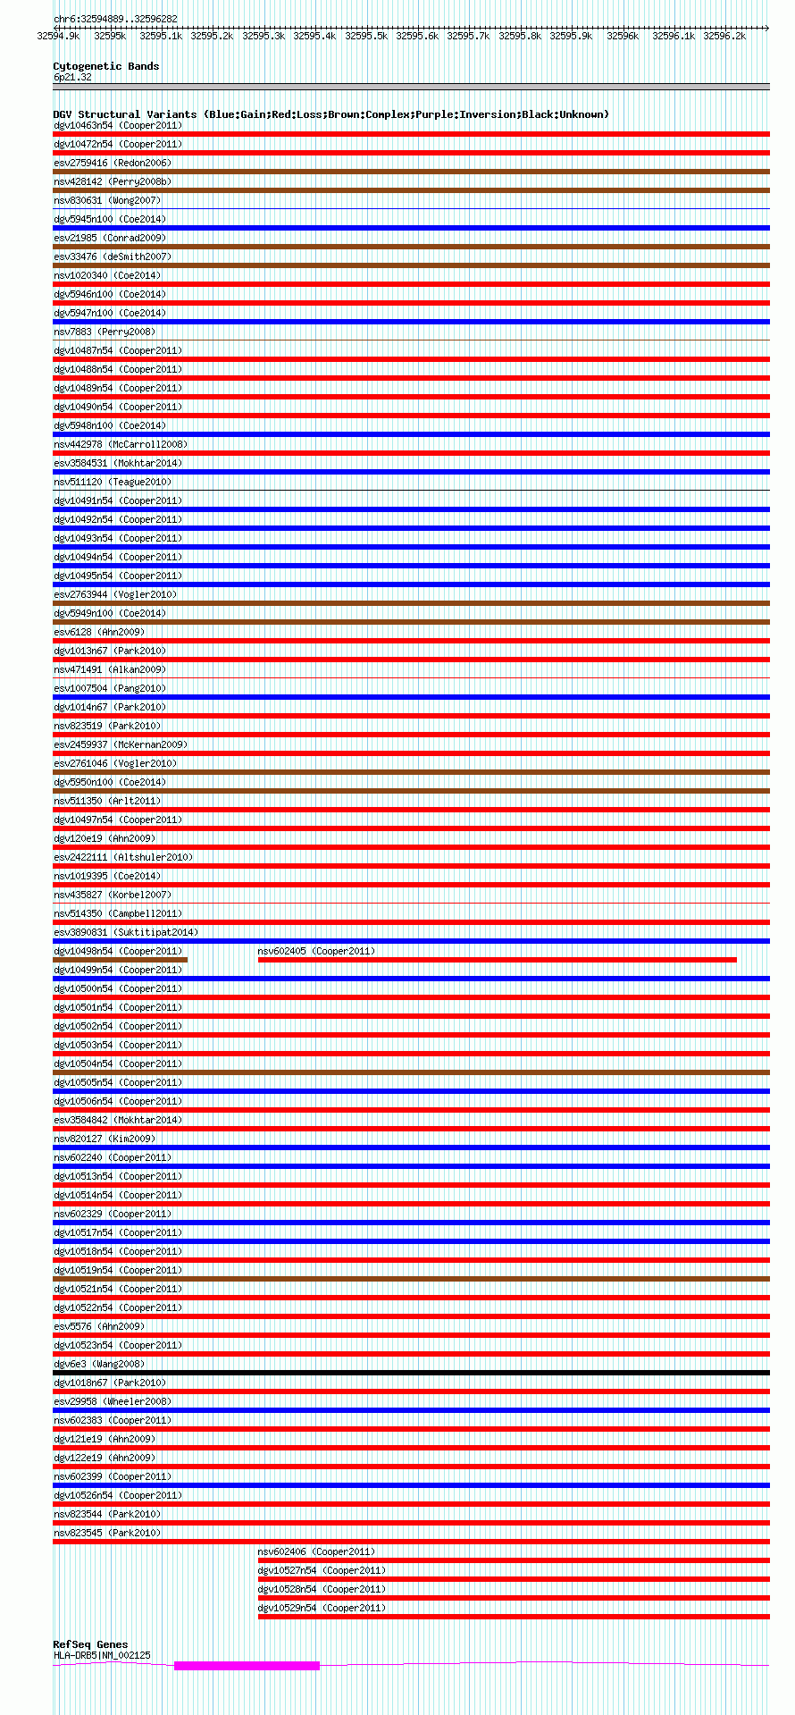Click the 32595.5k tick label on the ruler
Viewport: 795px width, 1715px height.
[x=365, y=36]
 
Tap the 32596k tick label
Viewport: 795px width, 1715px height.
[x=623, y=36]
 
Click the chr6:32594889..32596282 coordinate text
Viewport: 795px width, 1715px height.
[x=115, y=19]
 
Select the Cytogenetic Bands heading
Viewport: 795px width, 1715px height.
[x=105, y=66]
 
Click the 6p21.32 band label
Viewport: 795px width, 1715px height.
[x=71, y=78]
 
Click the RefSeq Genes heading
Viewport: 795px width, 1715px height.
[x=90, y=1644]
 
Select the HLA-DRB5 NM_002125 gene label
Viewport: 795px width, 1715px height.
[x=102, y=1655]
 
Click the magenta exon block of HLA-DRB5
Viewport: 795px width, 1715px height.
[x=247, y=1666]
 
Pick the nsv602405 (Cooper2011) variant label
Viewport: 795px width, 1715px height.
[x=316, y=951]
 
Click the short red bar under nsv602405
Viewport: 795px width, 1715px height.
[x=497, y=960]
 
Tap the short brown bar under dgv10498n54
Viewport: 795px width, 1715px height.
[x=120, y=960]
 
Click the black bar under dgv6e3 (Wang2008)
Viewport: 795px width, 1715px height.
[x=411, y=1373]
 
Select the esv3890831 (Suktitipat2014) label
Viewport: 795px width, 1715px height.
[x=126, y=932]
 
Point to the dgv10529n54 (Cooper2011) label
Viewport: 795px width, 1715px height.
[x=322, y=1608]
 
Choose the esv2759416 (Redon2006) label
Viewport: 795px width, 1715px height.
[x=113, y=163]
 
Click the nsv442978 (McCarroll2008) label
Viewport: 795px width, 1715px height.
[x=121, y=444]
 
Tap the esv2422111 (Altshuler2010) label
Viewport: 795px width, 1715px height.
[x=123, y=857]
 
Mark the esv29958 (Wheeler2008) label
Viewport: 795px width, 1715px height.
[x=113, y=1401]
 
